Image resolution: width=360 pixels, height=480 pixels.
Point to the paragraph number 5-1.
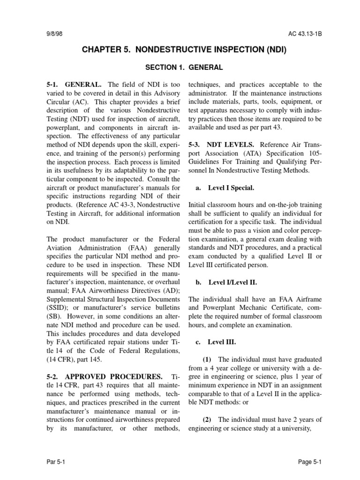(x=53, y=85)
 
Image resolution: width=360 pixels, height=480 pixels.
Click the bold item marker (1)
(x=207, y=360)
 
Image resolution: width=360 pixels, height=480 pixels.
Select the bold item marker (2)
(x=207, y=420)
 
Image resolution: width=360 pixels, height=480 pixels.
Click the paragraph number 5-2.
(x=53, y=377)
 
